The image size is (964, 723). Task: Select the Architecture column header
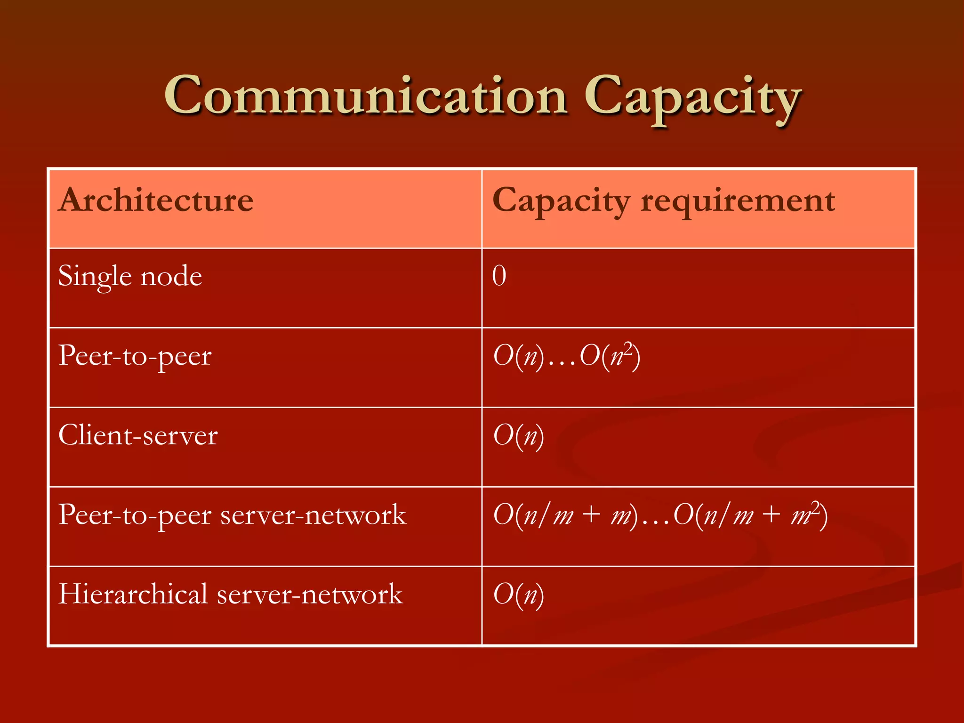click(x=156, y=200)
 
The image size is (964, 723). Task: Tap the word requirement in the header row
click(x=738, y=201)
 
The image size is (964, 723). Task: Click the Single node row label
click(x=130, y=276)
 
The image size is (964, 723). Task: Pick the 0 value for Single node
click(x=499, y=276)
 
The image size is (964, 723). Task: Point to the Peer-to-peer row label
click(x=135, y=356)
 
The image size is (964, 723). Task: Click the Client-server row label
click(x=138, y=435)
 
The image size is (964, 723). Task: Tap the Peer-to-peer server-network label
click(x=232, y=515)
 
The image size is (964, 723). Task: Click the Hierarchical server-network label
click(x=230, y=594)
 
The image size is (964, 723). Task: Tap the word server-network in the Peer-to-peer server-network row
click(x=313, y=515)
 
